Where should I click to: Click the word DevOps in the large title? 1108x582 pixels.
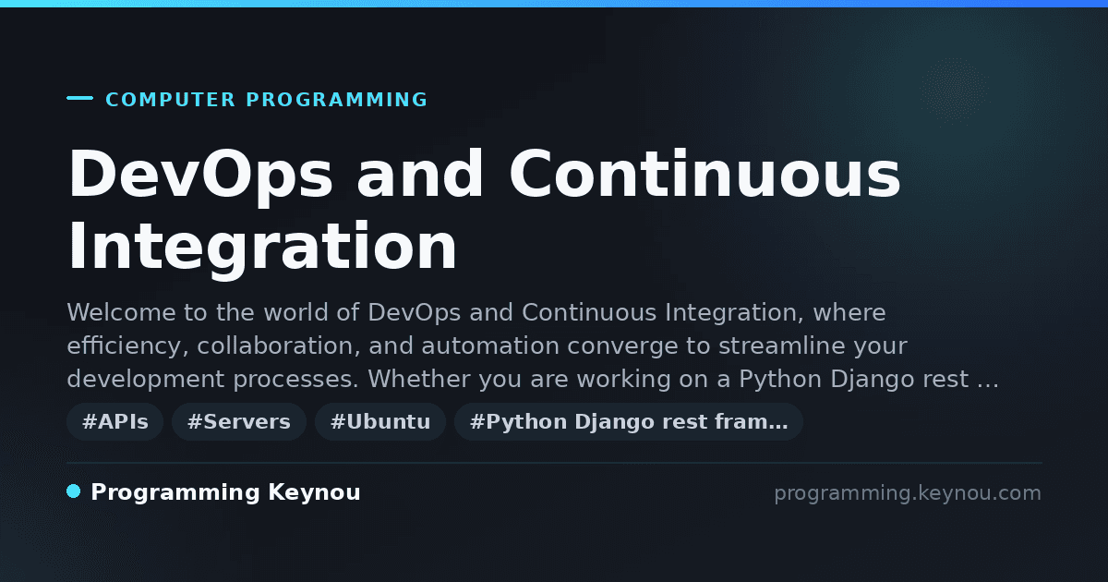coord(200,176)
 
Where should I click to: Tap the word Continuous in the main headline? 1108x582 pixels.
coord(705,174)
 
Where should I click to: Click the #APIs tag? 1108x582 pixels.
coord(115,421)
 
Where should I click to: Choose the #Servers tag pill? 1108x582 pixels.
coord(239,421)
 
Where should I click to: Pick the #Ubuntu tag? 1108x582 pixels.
coord(380,421)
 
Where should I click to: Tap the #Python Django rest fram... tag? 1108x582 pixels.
coord(628,421)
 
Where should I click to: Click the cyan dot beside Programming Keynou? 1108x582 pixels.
coord(74,491)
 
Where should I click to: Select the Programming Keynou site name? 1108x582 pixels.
coord(225,493)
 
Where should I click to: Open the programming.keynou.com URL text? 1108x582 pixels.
coord(908,493)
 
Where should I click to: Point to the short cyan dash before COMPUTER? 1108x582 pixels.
coord(79,98)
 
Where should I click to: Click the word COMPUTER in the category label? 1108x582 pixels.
coord(171,100)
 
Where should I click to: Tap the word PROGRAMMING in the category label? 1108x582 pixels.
coord(337,100)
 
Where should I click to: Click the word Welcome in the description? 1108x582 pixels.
coord(121,313)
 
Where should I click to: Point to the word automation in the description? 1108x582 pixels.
coord(490,346)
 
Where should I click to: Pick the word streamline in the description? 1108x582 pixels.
coord(782,346)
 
